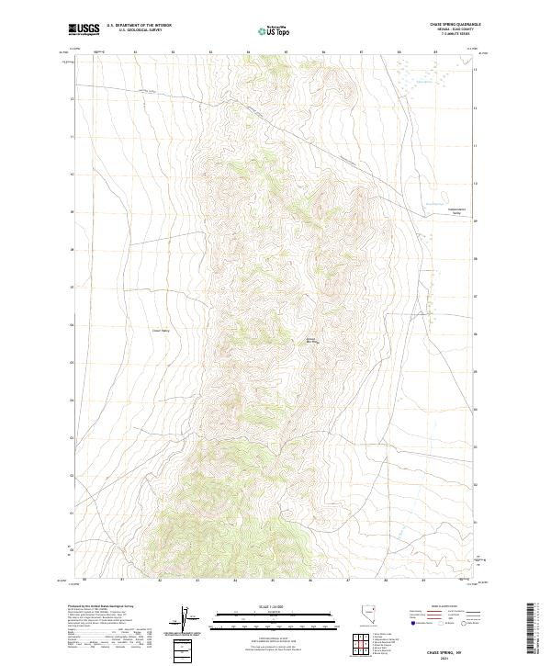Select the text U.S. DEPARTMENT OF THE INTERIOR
[x=139, y=25]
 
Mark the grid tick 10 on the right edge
[x=475, y=183]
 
